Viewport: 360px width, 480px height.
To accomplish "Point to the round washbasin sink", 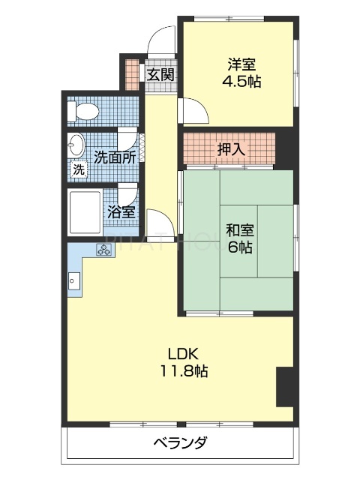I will (x=76, y=145).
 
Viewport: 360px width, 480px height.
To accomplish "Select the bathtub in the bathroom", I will (x=85, y=213).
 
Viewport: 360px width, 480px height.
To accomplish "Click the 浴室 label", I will (x=121, y=211).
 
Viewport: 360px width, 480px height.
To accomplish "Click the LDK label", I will (x=182, y=353).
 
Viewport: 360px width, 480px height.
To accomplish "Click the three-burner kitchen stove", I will (x=103, y=251).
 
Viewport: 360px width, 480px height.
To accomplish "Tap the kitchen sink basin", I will (x=73, y=282).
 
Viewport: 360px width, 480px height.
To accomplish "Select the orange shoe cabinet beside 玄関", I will (x=132, y=72).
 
